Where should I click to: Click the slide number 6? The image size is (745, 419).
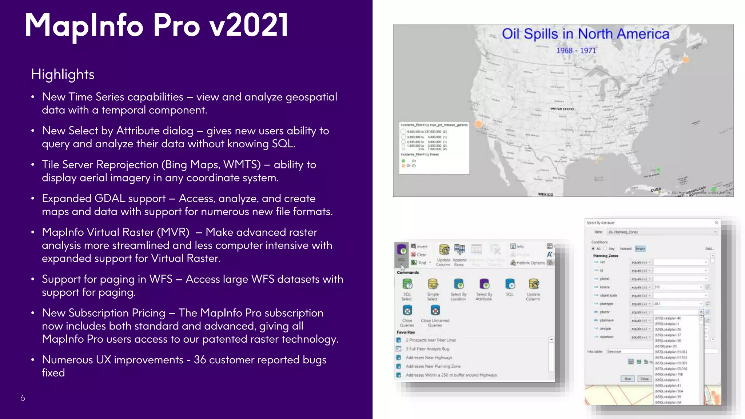pos(23,398)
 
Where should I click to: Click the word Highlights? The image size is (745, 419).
pos(63,74)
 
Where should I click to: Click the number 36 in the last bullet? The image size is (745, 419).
pos(200,360)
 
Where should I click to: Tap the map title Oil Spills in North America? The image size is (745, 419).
pos(585,34)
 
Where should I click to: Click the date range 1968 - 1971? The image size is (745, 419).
pos(576,51)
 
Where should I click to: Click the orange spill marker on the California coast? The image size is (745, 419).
pos(478,124)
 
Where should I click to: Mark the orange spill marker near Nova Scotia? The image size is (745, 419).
pos(685,60)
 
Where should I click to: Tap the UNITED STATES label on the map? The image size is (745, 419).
pos(562,109)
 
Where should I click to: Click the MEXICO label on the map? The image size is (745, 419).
pos(545,195)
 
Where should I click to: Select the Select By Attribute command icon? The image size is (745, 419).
pos(484,284)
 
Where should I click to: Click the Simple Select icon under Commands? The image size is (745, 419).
pos(433,284)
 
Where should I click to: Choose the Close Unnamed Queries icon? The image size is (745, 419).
pos(435,310)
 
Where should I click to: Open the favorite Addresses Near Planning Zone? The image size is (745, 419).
pos(433,366)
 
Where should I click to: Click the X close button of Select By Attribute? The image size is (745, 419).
pos(716,223)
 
